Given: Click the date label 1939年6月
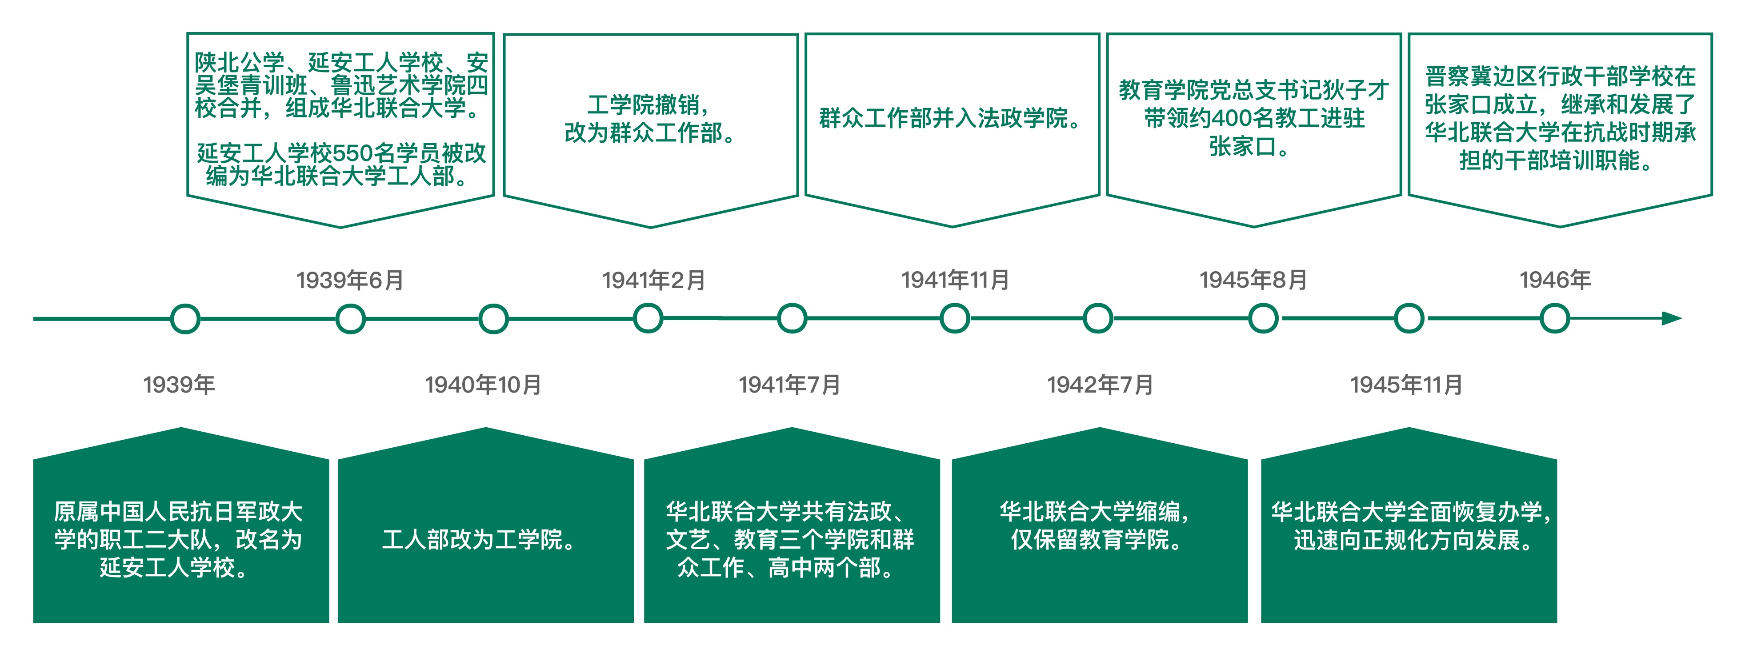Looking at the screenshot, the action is pyautogui.click(x=350, y=280).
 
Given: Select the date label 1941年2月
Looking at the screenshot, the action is pyautogui.click(x=654, y=280).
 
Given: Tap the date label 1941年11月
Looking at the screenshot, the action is pyautogui.click(x=955, y=280).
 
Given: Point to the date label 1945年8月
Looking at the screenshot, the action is pyautogui.click(x=1253, y=280).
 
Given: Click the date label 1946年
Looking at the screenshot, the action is pyautogui.click(x=1555, y=280).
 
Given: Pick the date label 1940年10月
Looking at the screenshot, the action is pyautogui.click(x=483, y=385).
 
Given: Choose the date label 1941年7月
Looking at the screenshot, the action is pyautogui.click(x=790, y=385).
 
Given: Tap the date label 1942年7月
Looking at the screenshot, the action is pyautogui.click(x=1100, y=385).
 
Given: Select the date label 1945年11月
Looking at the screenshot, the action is pyautogui.click(x=1406, y=385).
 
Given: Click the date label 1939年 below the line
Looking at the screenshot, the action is pyautogui.click(x=179, y=385).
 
